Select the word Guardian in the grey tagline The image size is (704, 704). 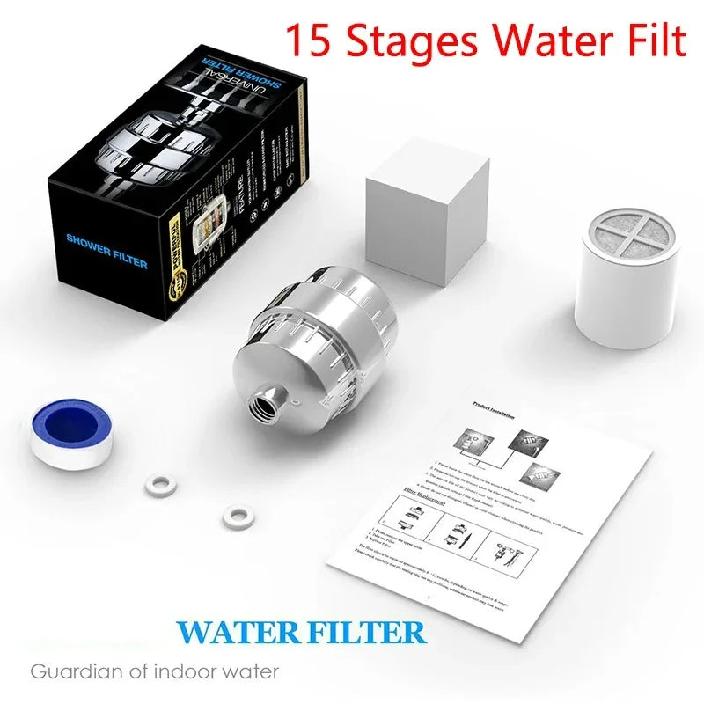tap(70, 671)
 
